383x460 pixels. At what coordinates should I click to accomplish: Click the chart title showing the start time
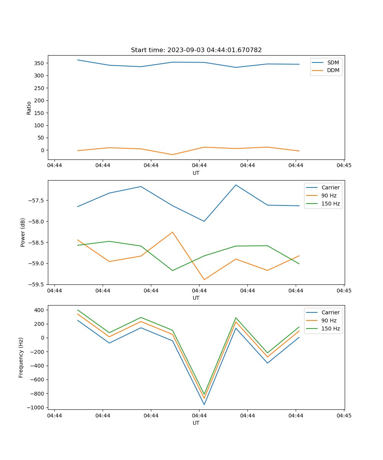pyautogui.click(x=196, y=50)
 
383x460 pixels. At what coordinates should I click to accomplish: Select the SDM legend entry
pyautogui.click(x=333, y=62)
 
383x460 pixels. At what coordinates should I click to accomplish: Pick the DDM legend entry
pyautogui.click(x=333, y=70)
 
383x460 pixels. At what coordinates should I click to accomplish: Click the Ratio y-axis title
pyautogui.click(x=29, y=108)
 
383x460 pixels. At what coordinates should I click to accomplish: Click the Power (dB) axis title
pyautogui.click(x=23, y=232)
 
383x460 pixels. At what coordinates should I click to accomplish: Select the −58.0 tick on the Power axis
pyautogui.click(x=35, y=222)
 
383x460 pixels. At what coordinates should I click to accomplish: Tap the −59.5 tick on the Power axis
pyautogui.click(x=35, y=284)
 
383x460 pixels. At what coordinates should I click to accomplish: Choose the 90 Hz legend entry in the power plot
pyautogui.click(x=329, y=195)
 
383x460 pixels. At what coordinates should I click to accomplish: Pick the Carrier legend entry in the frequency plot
pyautogui.click(x=330, y=312)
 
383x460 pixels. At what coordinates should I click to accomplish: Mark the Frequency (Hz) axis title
pyautogui.click(x=21, y=357)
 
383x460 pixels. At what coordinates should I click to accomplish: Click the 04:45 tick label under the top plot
pyautogui.click(x=344, y=166)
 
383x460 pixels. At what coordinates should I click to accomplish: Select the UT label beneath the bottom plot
pyautogui.click(x=196, y=423)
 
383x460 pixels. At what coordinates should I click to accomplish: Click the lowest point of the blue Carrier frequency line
pyautogui.click(x=204, y=404)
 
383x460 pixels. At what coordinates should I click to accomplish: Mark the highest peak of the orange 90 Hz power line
pyautogui.click(x=172, y=232)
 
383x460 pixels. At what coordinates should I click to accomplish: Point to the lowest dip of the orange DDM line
pyautogui.click(x=172, y=154)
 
